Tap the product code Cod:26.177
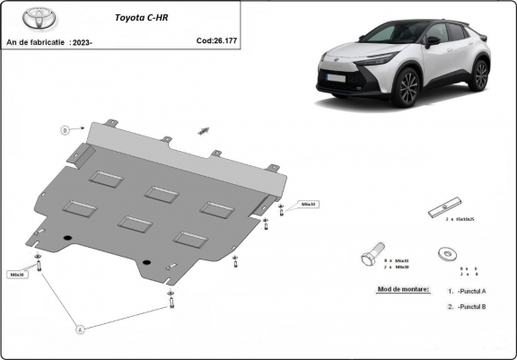click(x=218, y=40)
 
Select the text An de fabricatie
click(x=34, y=42)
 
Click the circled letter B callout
click(x=64, y=130)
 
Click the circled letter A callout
click(x=79, y=329)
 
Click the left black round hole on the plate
click(x=67, y=236)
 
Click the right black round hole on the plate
click(x=145, y=262)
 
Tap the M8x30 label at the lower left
click(x=17, y=274)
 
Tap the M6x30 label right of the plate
click(x=309, y=204)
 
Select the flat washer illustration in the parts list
click(x=444, y=254)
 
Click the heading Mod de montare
click(x=398, y=290)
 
